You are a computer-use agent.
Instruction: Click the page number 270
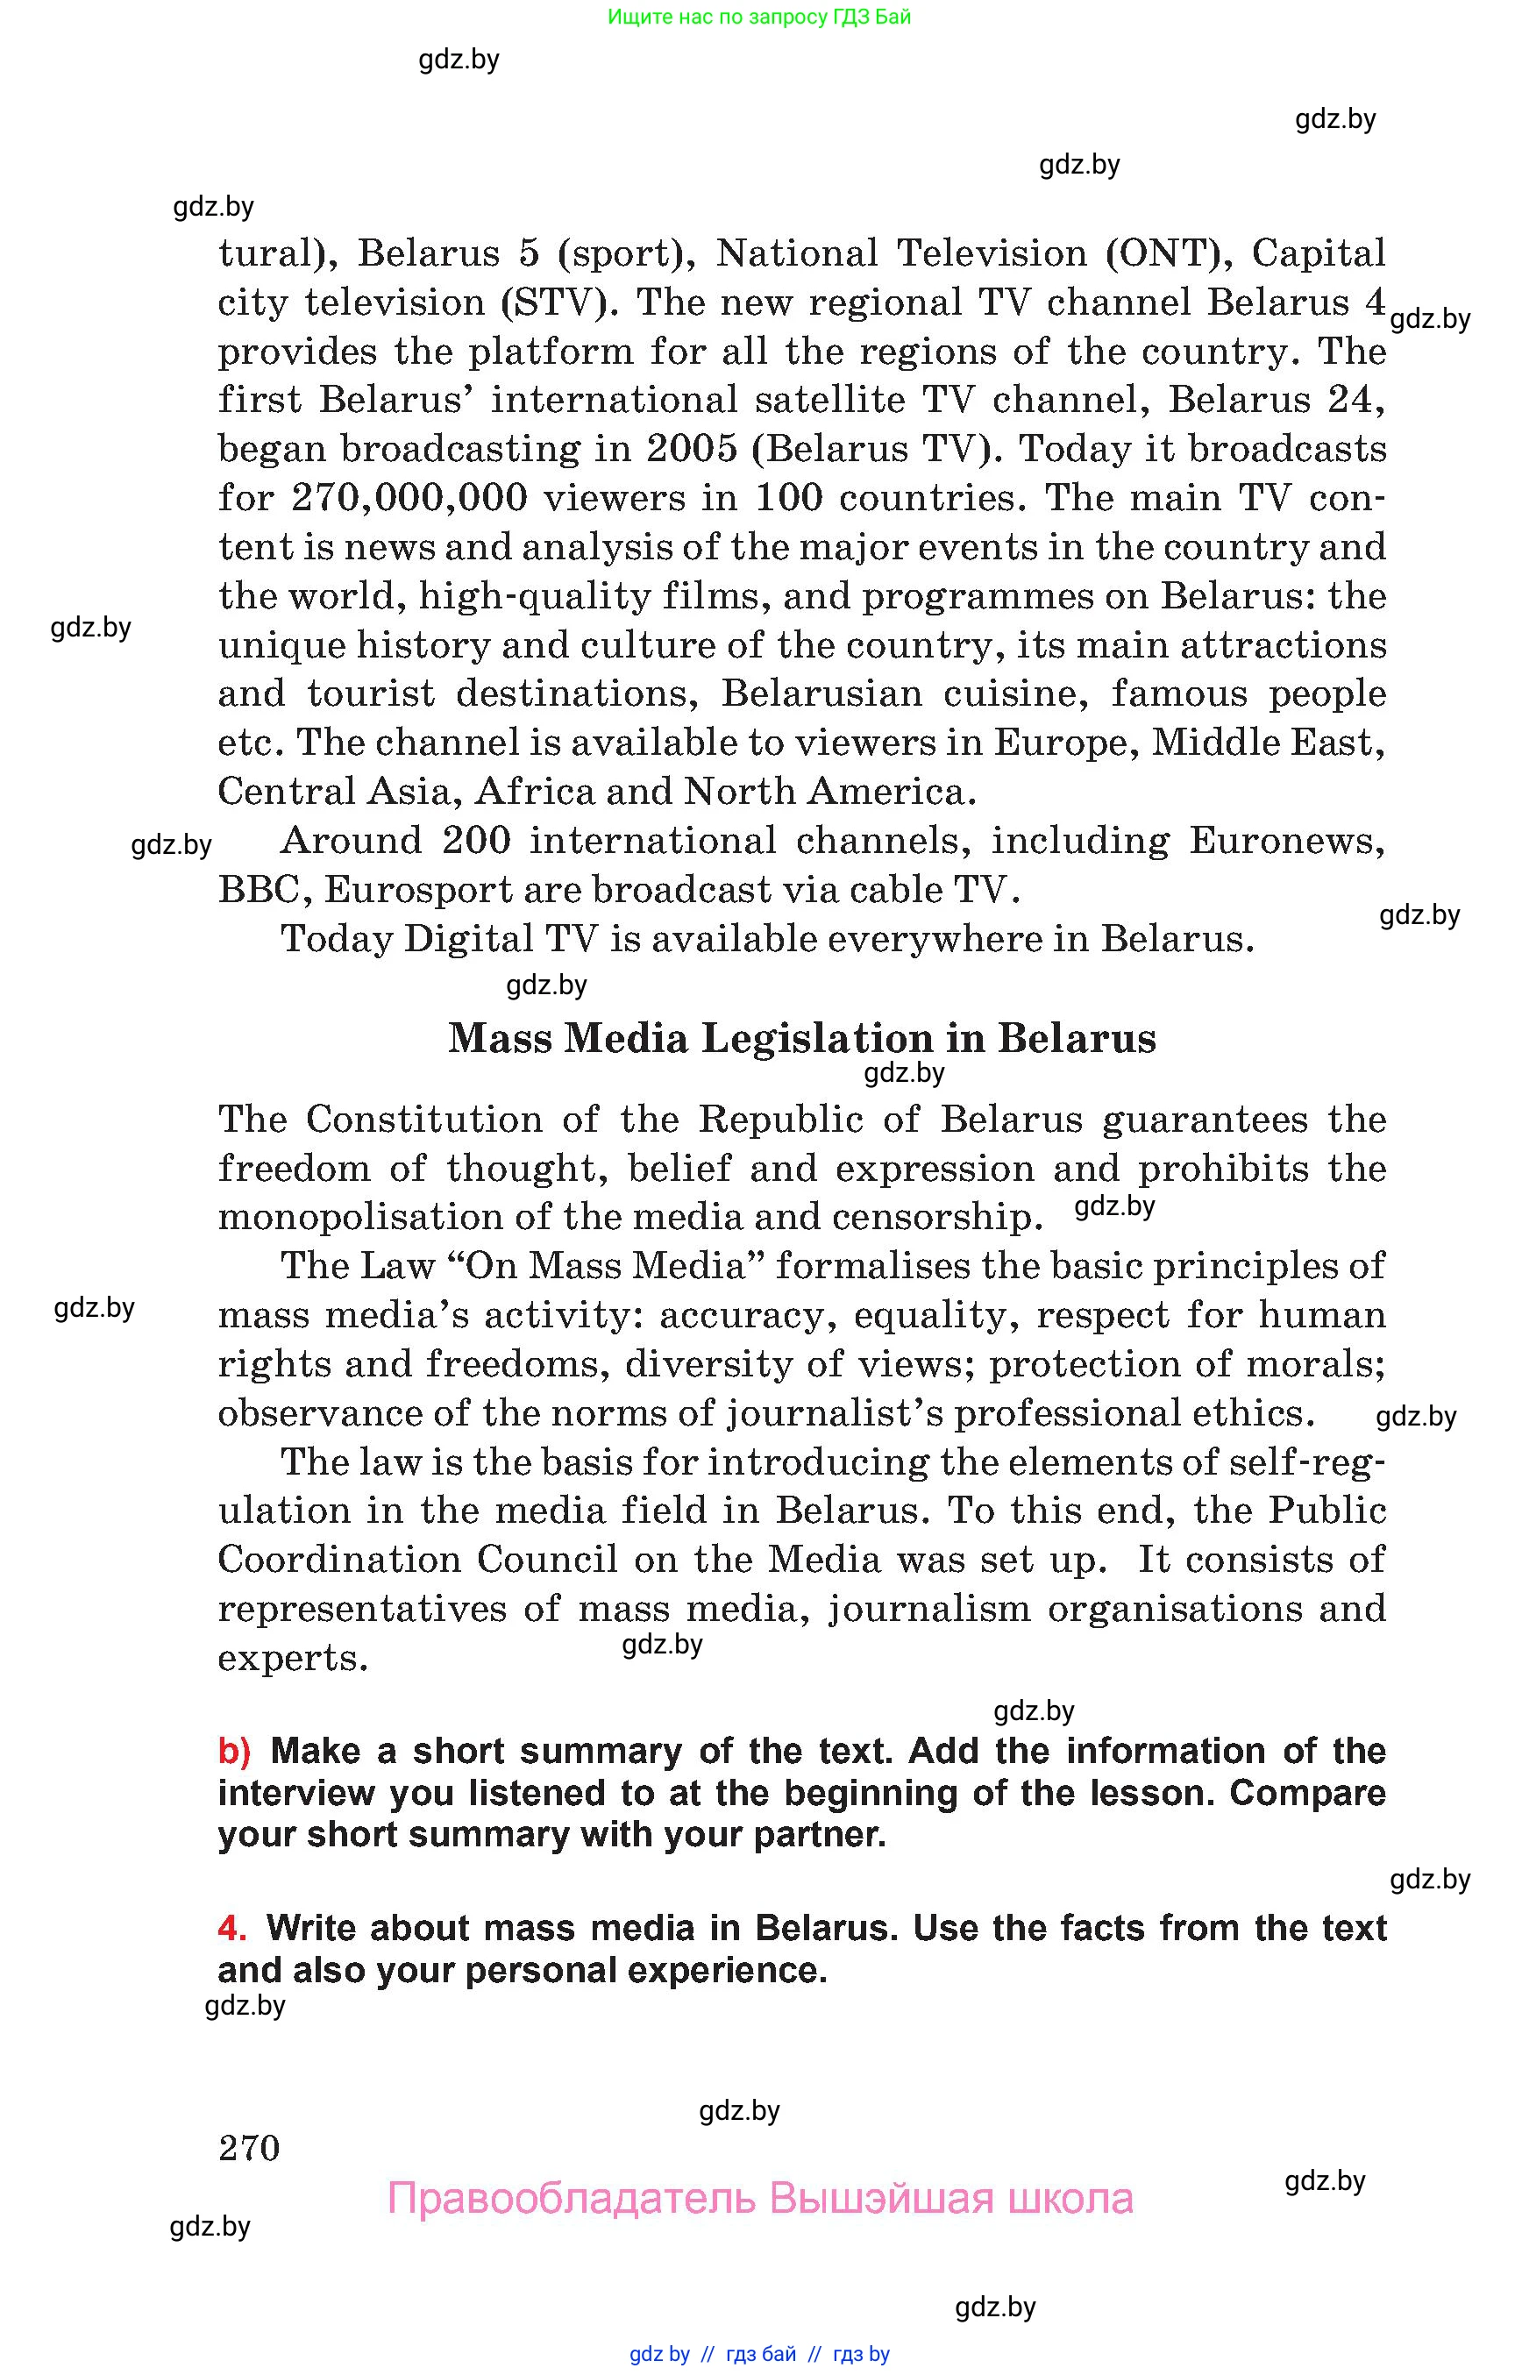pos(249,2148)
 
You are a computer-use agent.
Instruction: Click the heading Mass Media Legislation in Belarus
pos(801,1038)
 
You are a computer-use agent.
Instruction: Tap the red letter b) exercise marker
pos(234,1752)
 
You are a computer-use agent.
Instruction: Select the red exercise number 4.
pos(231,1928)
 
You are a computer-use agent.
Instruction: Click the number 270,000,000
pos(409,497)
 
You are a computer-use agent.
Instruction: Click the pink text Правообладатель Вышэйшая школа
pos(760,2198)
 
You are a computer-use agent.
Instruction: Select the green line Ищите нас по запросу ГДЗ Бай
pos(759,17)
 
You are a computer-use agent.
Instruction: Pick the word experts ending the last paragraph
pos(293,1658)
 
